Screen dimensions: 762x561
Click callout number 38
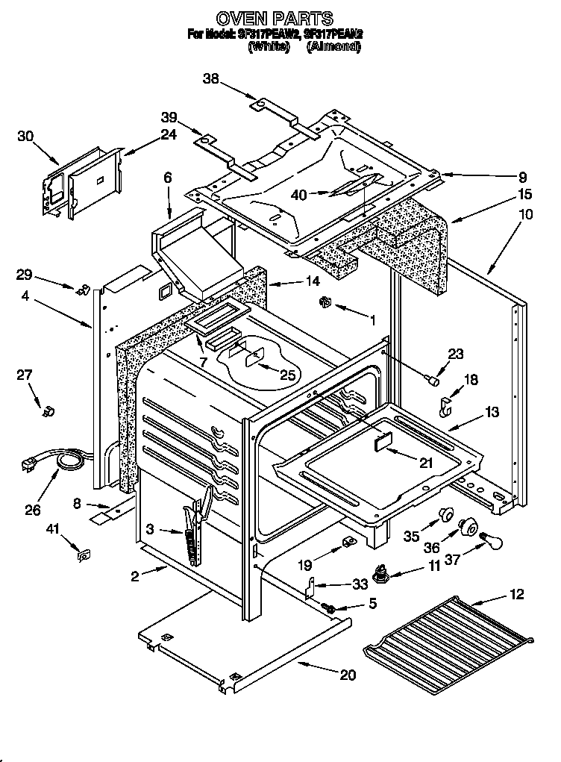211,78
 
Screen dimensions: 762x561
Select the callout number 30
25,136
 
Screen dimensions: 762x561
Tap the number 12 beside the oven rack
516,594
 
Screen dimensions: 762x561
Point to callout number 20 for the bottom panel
348,675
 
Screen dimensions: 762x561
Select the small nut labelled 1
325,302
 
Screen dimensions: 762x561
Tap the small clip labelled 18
446,407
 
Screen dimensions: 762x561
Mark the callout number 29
25,274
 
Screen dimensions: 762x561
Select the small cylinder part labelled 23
430,381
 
